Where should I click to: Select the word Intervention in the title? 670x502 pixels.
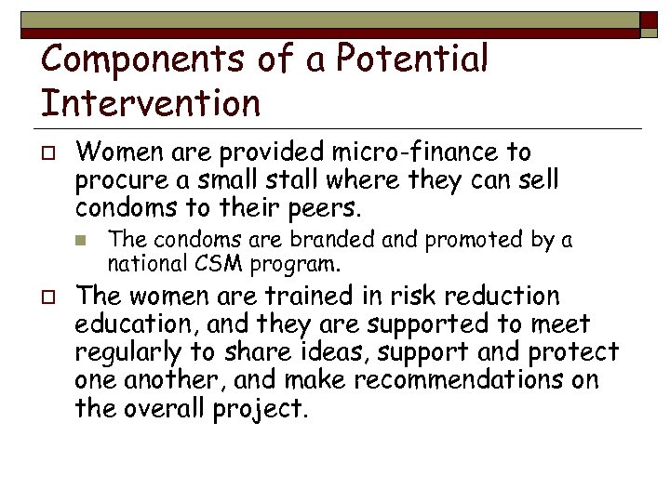coord(151,103)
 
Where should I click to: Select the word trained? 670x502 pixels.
coord(275,297)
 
